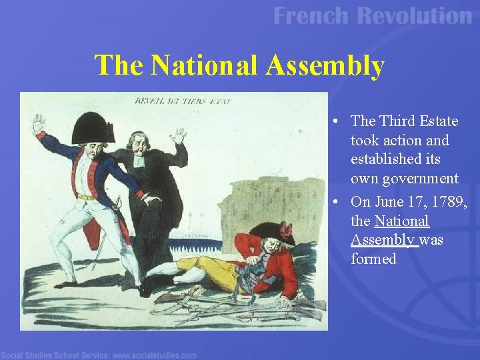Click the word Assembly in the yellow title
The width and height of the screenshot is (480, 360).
(325, 66)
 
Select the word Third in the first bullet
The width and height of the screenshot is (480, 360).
(397, 121)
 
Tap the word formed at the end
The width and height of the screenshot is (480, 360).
(373, 259)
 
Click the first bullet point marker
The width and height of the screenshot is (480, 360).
(339, 121)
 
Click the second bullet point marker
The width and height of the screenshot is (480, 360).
(339, 201)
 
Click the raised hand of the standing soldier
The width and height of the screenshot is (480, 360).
(39, 123)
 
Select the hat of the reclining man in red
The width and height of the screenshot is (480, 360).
(271, 231)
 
